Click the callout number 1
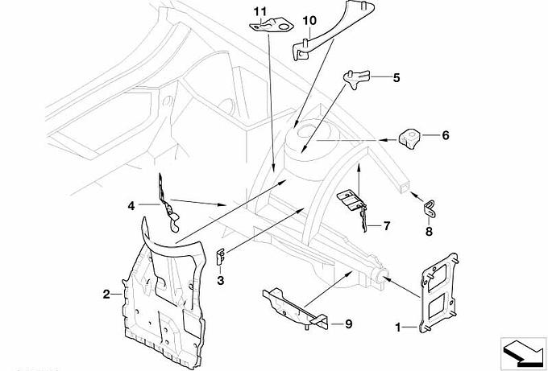pos(397,328)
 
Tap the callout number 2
pos(106,295)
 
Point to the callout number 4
pos(131,205)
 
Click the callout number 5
pos(396,78)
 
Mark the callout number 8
pos(429,232)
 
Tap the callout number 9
pos(348,324)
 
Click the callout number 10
pos(309,19)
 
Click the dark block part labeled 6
pos(411,138)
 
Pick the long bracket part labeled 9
pos(294,304)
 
